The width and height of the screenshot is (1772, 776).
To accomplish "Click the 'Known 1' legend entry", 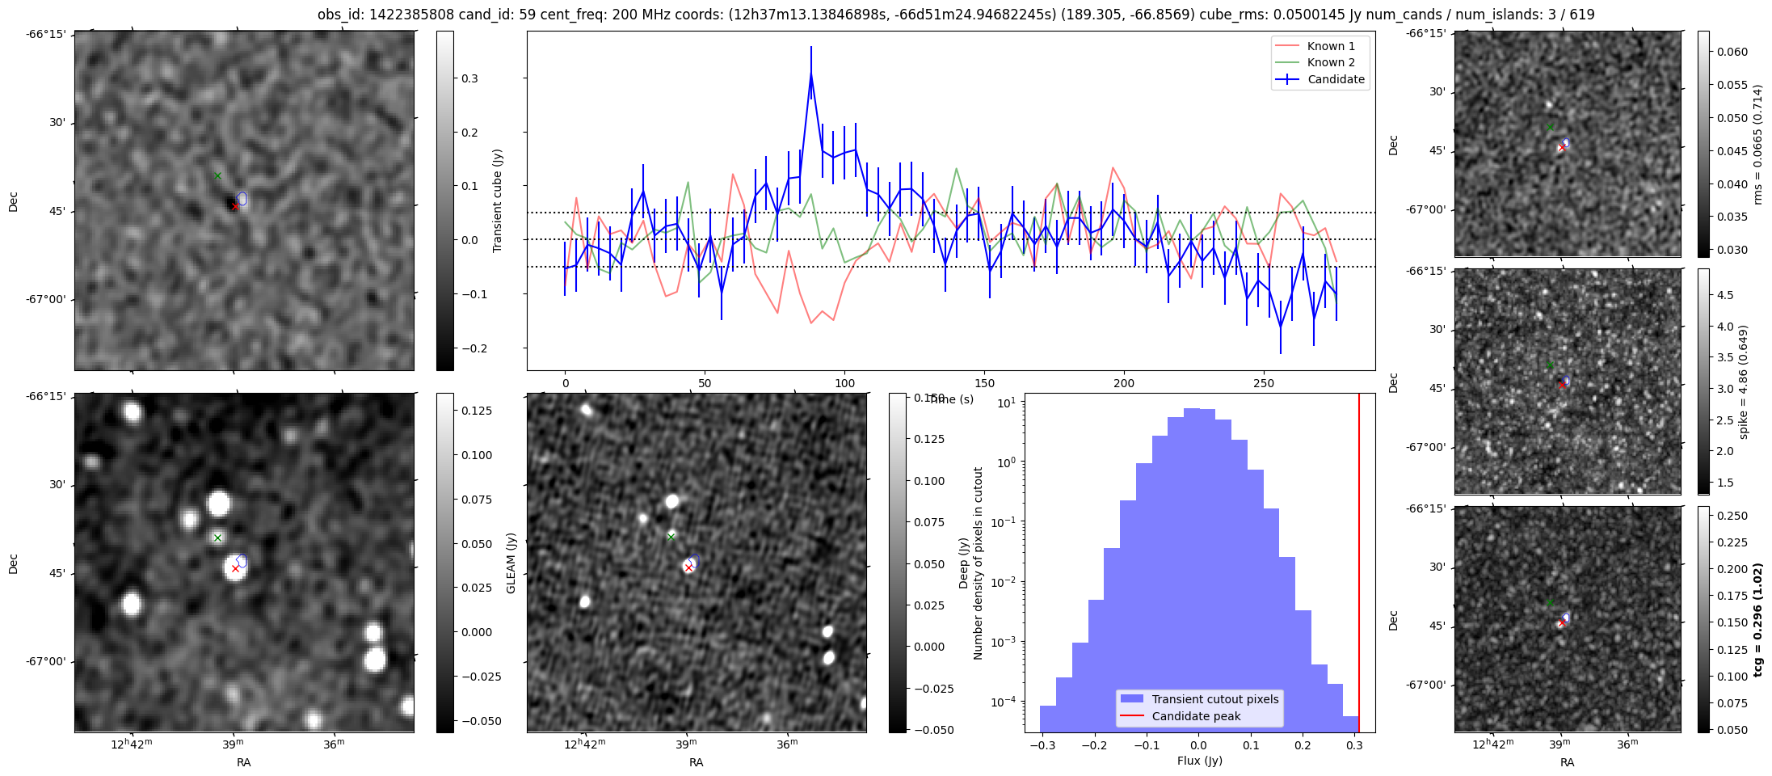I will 1331,46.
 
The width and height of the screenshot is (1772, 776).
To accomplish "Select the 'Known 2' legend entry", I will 1331,62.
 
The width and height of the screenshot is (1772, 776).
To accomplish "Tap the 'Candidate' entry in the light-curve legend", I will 1336,79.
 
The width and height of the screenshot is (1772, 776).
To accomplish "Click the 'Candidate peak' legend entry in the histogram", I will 1196,716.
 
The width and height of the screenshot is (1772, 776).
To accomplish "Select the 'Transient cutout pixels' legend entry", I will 1214,699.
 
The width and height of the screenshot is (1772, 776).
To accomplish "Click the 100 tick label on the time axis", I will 844,383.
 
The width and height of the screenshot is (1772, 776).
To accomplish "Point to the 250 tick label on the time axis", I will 1263,383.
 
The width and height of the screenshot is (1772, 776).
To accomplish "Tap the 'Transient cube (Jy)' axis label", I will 498,200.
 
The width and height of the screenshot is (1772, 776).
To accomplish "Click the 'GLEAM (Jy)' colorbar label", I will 511,563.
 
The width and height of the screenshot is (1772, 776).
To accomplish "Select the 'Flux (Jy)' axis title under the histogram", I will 1199,761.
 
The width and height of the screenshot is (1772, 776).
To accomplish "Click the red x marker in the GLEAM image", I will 688,567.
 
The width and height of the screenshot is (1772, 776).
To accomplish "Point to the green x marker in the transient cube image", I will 217,175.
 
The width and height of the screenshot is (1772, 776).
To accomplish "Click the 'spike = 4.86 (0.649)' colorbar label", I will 1744,382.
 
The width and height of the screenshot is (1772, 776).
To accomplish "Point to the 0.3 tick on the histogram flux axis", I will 1354,745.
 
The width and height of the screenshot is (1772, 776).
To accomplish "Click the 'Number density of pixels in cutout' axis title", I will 979,563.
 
